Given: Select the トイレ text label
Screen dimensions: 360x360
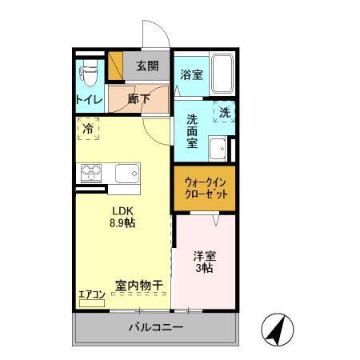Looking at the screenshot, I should pos(88,100).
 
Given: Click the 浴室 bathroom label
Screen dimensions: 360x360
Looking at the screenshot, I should pos(190,76).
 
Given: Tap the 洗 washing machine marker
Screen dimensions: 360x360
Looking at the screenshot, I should pos(225,113).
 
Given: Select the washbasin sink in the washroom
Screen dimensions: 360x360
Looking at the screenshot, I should pos(217,148).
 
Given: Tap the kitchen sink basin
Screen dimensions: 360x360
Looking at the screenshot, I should pos(126,172).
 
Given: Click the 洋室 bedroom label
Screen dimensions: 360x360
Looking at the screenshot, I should pos(203,257).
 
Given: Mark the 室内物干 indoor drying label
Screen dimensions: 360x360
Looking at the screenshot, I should pos(139,285).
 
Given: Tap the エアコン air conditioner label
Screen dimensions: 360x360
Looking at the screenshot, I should pos(91,294).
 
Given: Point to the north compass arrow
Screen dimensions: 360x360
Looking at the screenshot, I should pos(275,328).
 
